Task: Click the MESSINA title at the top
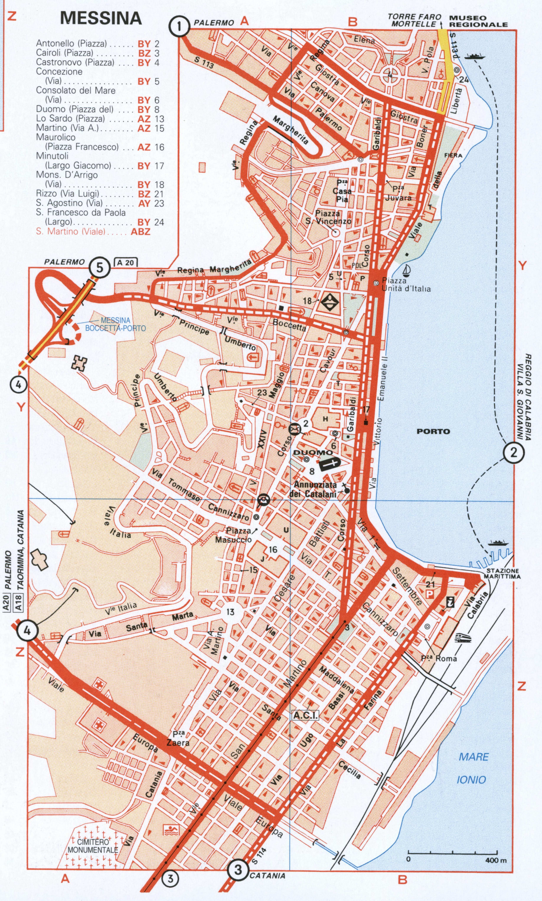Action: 101,18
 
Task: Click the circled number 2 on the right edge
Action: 514,453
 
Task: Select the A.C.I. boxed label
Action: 305,715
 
